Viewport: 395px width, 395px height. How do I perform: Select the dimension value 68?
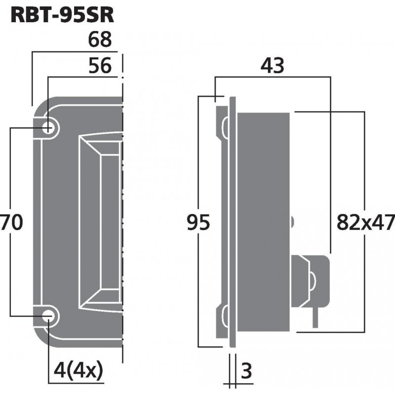100,39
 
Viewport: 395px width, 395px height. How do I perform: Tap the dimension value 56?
100,65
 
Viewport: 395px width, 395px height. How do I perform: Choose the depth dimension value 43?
272,65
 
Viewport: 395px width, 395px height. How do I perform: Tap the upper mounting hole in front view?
49,128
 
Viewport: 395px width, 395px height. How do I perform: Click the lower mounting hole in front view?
49,318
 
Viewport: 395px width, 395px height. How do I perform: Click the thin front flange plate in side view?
232,222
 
